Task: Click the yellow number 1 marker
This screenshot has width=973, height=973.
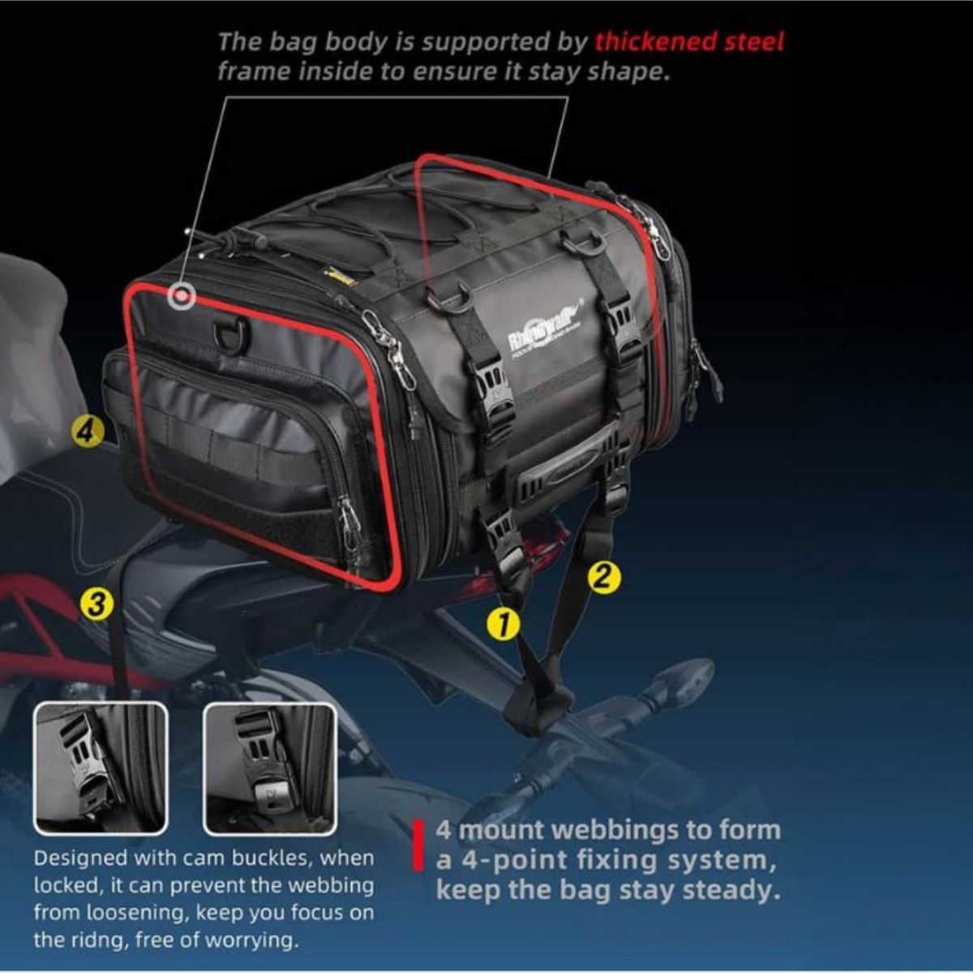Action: (502, 624)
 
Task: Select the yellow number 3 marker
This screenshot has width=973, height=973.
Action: (96, 603)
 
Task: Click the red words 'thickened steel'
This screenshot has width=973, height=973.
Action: (689, 41)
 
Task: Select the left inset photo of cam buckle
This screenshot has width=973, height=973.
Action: (101, 768)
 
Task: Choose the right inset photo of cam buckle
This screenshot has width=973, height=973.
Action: (269, 768)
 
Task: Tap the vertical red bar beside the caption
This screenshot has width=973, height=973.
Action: (419, 847)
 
